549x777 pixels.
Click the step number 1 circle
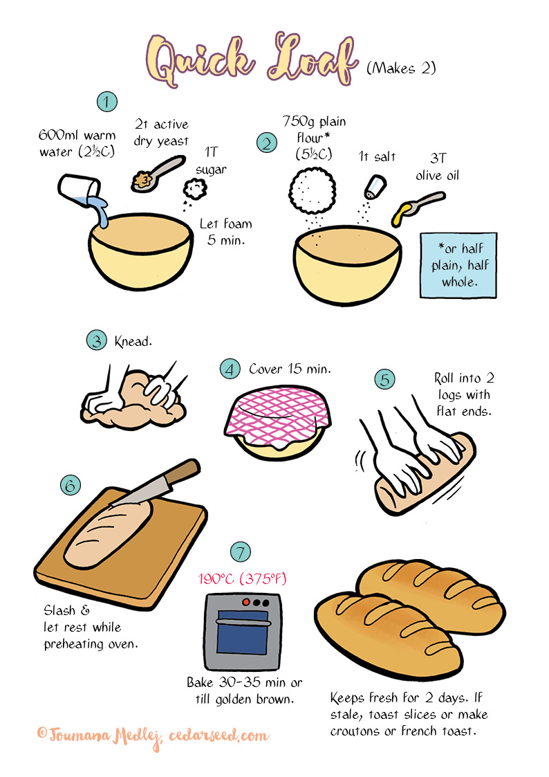(x=106, y=102)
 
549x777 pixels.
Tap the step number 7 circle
(x=240, y=552)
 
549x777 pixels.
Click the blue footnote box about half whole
(x=458, y=265)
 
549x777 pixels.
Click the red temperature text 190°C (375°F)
(x=242, y=578)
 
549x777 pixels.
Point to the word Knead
(x=133, y=342)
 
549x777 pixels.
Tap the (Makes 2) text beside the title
(x=401, y=68)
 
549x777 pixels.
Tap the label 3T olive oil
(x=437, y=167)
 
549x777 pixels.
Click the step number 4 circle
(x=230, y=368)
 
